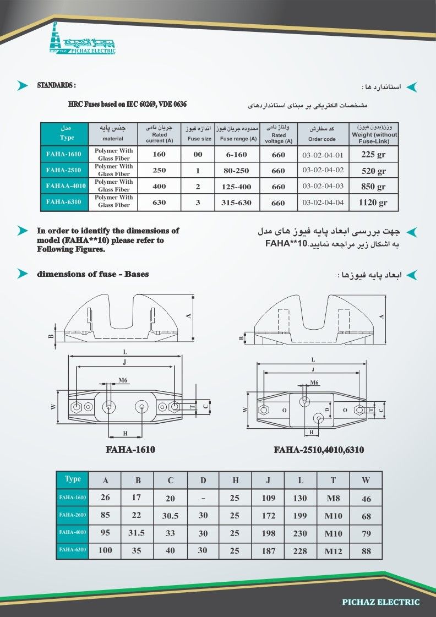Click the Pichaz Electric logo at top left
83,39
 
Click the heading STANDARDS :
56,85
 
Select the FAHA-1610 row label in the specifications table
64,155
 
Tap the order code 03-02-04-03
323,187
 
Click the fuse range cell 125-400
236,187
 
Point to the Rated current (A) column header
159,134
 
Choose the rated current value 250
159,171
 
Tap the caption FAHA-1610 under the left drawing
130,450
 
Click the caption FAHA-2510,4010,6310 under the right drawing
319,450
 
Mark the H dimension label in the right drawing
312,433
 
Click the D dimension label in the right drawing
326,410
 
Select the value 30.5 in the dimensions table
171,516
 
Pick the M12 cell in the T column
333,550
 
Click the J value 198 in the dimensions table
268,533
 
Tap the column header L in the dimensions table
301,481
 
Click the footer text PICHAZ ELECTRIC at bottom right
380,602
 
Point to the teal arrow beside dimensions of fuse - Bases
22,274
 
